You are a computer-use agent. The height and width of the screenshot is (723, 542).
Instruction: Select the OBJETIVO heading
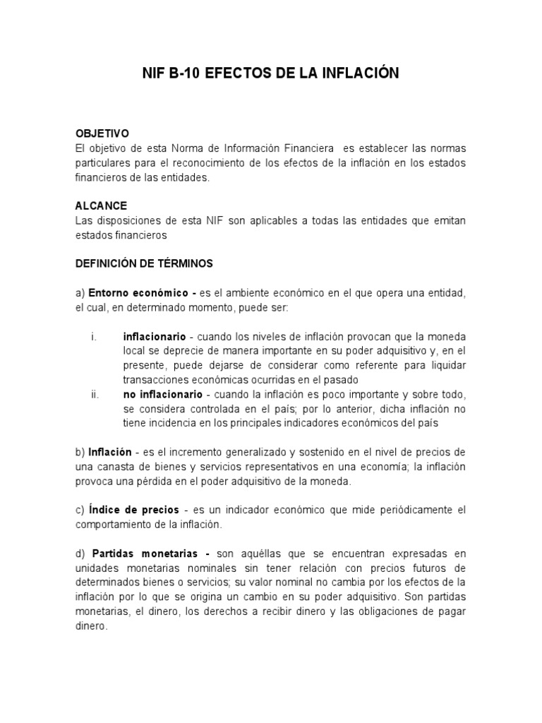(102, 133)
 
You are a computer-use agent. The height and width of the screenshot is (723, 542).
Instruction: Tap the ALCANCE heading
(101, 205)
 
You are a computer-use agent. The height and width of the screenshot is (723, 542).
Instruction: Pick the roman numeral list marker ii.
(95, 394)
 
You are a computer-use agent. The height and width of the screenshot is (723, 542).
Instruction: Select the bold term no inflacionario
(162, 394)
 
